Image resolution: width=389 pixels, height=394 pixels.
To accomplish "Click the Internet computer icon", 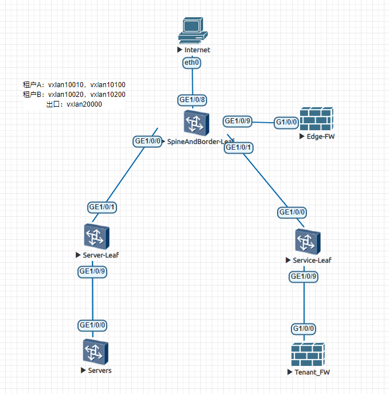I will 191,30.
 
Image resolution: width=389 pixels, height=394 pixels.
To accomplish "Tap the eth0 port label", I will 192,63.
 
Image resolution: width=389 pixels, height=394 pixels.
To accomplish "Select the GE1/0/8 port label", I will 192,100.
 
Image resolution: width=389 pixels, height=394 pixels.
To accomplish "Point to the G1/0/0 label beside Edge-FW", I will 286,122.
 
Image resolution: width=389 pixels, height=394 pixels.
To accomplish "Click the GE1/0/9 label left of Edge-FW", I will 238,121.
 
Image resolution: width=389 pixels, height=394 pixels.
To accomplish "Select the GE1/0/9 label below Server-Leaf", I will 93,271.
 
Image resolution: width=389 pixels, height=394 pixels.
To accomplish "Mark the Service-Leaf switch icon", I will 308,241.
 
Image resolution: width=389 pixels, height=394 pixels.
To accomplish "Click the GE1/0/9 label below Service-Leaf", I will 304,276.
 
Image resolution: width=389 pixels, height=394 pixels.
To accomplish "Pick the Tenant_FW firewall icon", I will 307,355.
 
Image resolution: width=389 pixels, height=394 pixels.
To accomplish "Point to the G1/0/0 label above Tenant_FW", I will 304,329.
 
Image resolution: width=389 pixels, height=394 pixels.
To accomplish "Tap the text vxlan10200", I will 108,95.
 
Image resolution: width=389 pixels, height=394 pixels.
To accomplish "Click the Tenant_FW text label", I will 312,372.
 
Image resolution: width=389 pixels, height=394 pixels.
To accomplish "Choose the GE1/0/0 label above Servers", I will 93,325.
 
